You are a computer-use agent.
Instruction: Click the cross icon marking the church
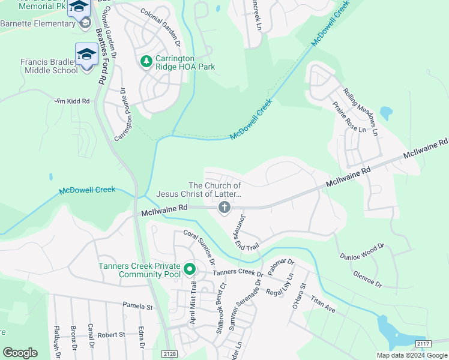224,208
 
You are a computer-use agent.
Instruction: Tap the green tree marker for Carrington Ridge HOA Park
146,62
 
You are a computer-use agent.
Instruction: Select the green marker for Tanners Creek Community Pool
190,269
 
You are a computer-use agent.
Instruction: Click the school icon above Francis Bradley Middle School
86,54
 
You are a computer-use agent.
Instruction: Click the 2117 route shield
423,343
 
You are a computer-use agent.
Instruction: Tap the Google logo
20,353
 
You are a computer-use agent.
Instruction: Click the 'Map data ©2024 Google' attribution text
412,355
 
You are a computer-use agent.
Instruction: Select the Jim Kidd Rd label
71,101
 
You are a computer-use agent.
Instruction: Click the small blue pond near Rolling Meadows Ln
386,112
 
